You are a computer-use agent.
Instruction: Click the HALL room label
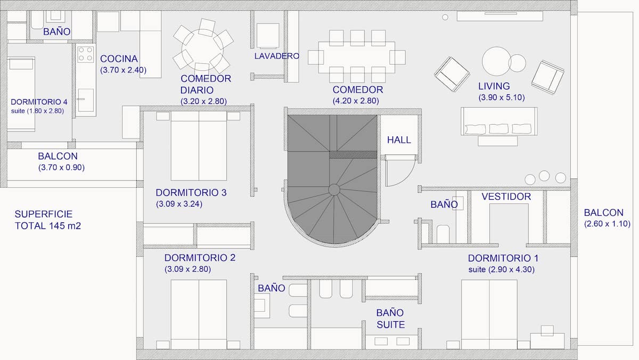point(399,140)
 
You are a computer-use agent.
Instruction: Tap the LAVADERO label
point(277,56)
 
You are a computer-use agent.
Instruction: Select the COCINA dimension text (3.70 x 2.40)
point(123,70)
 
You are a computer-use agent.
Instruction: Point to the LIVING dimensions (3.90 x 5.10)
point(502,97)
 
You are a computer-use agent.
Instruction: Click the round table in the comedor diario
point(202,50)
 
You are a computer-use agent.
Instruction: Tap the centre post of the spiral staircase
point(334,190)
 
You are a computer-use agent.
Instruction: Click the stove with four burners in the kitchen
point(86,54)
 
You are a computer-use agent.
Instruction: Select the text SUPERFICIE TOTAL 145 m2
point(48,220)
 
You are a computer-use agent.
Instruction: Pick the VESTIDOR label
point(506,197)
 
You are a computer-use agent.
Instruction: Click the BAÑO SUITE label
point(390,318)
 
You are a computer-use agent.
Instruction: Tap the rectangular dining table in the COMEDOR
point(357,58)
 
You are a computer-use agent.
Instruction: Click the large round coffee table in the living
point(496,61)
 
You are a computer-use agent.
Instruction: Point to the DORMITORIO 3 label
point(191,193)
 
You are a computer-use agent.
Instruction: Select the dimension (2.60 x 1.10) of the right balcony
point(607,224)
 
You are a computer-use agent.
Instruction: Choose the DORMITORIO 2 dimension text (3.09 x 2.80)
point(187,269)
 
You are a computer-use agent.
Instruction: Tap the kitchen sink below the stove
point(86,100)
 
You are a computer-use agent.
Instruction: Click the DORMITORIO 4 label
point(39,102)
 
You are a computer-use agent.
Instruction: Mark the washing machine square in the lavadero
point(267,36)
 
